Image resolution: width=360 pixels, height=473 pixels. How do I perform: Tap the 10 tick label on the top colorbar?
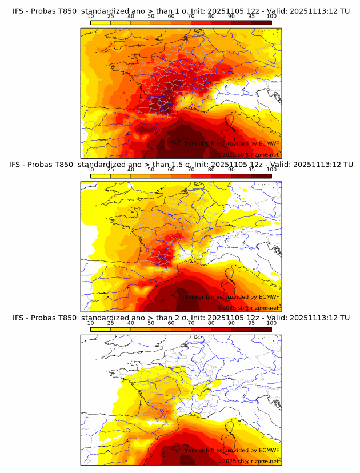[90, 17]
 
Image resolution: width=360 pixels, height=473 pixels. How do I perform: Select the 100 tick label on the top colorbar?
[271, 17]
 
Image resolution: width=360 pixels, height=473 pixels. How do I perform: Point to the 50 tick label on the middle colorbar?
[151, 170]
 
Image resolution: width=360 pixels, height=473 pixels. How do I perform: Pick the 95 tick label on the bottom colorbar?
[251, 323]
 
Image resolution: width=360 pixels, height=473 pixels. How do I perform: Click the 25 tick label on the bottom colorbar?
[110, 323]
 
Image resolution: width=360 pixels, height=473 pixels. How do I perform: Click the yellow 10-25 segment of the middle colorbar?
[101, 177]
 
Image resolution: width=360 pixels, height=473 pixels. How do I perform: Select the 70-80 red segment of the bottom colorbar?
[201, 330]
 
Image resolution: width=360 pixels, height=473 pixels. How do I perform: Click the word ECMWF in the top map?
[269, 143]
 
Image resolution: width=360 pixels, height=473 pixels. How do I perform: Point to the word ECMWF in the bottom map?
[269, 450]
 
